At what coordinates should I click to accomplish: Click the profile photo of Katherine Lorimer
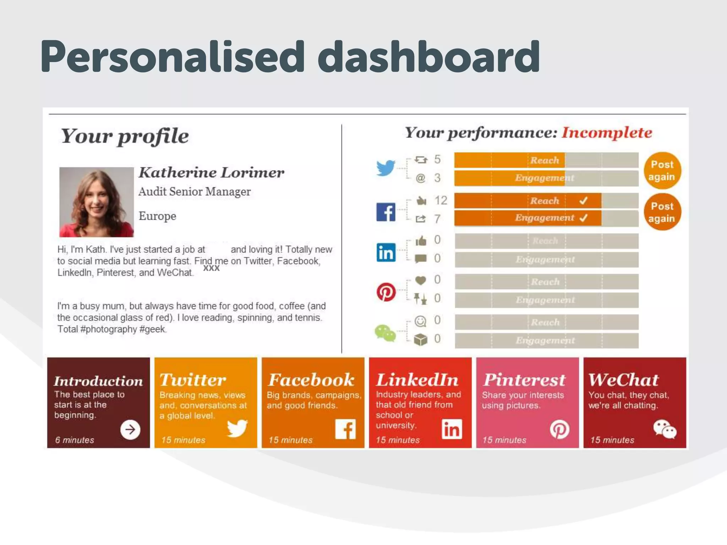[97, 202]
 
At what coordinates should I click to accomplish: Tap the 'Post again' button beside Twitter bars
[662, 171]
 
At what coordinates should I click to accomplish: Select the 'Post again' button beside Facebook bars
[662, 212]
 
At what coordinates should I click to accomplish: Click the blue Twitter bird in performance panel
[386, 167]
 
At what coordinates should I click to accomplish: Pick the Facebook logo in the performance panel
[386, 212]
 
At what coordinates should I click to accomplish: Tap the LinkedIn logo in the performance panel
[386, 252]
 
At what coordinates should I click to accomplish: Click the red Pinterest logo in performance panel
[386, 292]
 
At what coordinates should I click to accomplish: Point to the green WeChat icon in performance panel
[385, 333]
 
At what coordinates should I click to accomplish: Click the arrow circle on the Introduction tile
[130, 430]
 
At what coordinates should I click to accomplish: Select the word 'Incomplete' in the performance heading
[607, 133]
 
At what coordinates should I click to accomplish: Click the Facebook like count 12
[441, 200]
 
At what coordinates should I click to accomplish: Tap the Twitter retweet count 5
[437, 159]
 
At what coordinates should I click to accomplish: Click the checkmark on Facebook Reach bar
[583, 201]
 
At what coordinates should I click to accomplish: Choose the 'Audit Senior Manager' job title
[195, 192]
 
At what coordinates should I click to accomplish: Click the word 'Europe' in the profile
[157, 216]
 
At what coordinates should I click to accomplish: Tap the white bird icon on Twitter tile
[237, 428]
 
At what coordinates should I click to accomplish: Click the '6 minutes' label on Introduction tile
[75, 440]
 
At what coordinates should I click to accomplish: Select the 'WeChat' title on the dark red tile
[623, 380]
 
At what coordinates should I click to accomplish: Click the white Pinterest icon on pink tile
[559, 430]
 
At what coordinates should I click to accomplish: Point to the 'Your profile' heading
[125, 136]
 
